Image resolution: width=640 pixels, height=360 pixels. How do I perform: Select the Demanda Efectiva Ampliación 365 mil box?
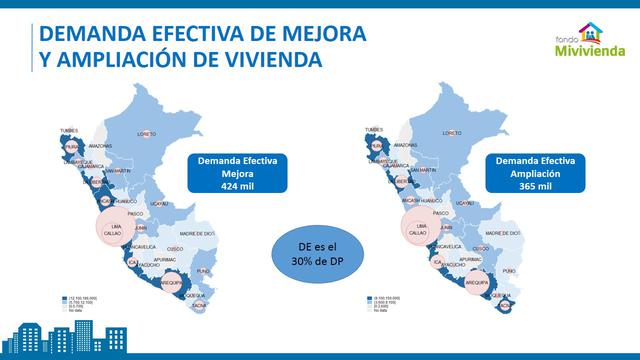click(524, 173)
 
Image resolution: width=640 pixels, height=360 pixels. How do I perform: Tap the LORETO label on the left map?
click(147, 133)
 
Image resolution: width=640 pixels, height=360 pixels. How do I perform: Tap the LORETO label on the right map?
click(456, 133)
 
